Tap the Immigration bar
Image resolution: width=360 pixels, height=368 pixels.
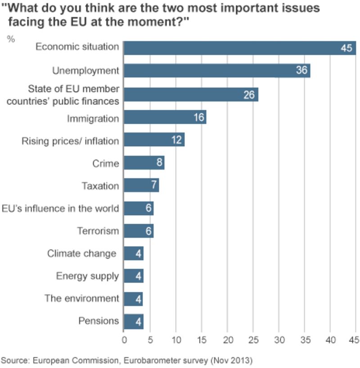(165, 118)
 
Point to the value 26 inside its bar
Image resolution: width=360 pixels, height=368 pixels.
(249, 95)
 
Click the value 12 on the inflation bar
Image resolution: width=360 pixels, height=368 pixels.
(176, 140)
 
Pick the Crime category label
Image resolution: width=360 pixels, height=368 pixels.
(106, 163)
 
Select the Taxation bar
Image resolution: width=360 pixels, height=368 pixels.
(141, 185)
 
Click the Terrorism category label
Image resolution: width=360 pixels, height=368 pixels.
(98, 231)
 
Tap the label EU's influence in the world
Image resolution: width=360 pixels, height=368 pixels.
(60, 208)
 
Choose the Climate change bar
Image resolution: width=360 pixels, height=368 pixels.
(133, 253)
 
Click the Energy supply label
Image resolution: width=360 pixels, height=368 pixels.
(87, 276)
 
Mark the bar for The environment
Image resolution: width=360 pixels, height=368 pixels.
(133, 298)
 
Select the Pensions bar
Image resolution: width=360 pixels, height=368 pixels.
(133, 321)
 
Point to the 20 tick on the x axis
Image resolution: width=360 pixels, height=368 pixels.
(228, 341)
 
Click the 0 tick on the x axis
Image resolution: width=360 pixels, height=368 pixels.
(124, 341)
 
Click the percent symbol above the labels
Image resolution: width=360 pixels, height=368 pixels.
(11, 39)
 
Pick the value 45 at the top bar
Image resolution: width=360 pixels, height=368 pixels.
(346, 48)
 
